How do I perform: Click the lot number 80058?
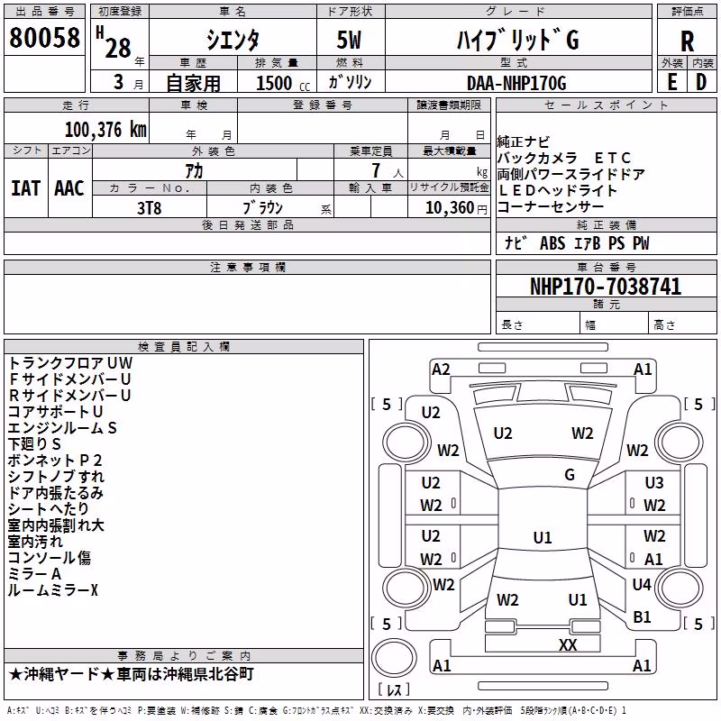pos(44,37)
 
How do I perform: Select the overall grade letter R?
pos(687,41)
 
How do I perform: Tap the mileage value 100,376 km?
pos(105,130)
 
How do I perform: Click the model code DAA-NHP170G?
pos(516,83)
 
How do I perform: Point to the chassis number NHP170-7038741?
pos(606,287)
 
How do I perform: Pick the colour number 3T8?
pos(149,208)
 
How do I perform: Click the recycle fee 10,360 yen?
pos(456,208)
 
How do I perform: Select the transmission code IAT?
pos(26,188)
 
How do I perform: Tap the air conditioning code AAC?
pos(69,188)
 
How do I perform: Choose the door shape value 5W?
pos(349,40)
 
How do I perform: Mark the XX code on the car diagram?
pos(568,644)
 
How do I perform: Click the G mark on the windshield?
pos(570,475)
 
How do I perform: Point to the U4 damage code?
pos(642,584)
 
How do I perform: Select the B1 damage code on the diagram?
pos(642,616)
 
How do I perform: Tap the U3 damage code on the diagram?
pos(654,483)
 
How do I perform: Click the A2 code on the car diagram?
pos(441,370)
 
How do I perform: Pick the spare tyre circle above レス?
pos(394,659)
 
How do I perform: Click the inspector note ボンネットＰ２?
pos(55,461)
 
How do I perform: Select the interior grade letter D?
pos(701,82)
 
